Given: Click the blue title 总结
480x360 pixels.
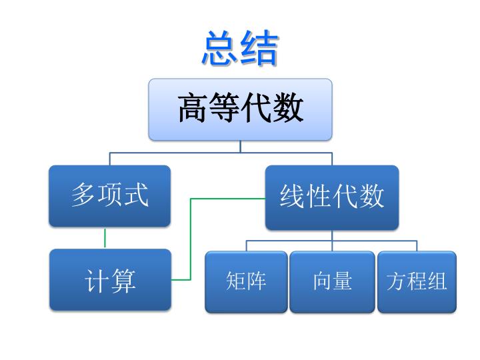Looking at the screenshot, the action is click(240, 48).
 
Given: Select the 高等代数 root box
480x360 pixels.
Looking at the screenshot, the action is click(240, 109).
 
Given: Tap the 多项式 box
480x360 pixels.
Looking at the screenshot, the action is click(109, 196).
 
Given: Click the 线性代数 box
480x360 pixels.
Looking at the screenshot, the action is click(332, 197).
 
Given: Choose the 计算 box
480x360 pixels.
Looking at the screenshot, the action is click(110, 280).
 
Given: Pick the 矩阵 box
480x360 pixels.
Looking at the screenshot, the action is click(246, 282).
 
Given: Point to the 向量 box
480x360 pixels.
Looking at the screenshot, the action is click(332, 282).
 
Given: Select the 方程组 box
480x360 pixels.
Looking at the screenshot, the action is click(417, 282).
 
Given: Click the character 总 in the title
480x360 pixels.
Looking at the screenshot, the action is click(219, 48).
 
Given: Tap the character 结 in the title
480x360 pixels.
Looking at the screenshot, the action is click(259, 48).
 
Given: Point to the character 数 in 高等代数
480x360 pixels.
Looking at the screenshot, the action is click(289, 108).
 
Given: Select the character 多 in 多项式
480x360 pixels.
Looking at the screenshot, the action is click(83, 195).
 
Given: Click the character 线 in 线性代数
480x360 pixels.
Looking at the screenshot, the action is click(292, 196).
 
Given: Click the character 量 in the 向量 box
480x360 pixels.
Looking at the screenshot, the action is click(343, 281).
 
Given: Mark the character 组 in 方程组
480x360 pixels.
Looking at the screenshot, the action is click(437, 281).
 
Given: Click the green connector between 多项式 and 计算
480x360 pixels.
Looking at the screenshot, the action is click(105, 238).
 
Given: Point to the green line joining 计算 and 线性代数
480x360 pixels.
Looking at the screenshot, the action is click(191, 239).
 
